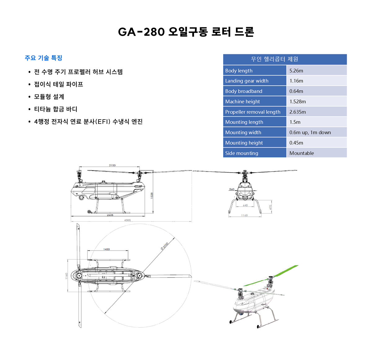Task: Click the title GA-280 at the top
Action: tap(186, 32)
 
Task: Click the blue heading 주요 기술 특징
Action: tap(43, 58)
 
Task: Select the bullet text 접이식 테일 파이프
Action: tap(58, 84)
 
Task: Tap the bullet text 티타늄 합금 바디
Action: tap(55, 109)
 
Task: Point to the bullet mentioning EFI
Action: tap(88, 121)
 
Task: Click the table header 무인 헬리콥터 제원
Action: tap(274, 59)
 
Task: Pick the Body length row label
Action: tap(239, 70)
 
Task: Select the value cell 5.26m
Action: tap(296, 70)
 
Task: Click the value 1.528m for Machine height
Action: tap(298, 101)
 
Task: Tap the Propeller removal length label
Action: tap(253, 112)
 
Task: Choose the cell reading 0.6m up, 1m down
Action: tap(310, 132)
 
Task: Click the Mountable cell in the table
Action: tap(302, 153)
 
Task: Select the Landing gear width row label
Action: tap(247, 81)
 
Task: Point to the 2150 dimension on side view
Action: tap(112, 165)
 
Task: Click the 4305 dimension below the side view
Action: tap(127, 220)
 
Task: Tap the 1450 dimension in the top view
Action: tap(106, 249)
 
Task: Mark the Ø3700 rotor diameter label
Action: tap(165, 246)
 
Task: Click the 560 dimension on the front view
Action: tap(232, 189)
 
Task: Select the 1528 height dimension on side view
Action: tap(152, 195)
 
